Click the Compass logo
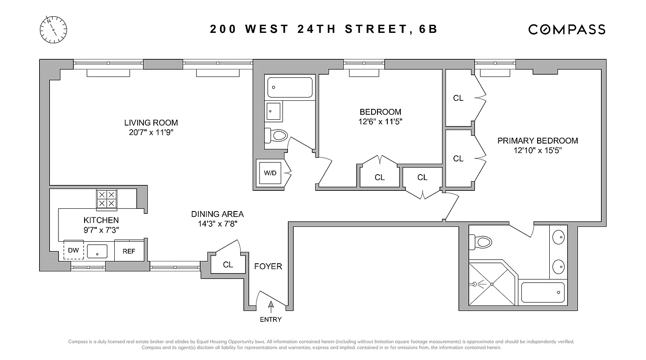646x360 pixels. (566, 29)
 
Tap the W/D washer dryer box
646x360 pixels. (269, 173)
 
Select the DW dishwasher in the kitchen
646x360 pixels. (74, 251)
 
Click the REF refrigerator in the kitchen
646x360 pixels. (129, 251)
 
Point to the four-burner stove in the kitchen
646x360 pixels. (107, 199)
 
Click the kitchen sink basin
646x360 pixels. (97, 251)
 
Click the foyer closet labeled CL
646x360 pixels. (228, 265)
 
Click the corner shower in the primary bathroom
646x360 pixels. (492, 284)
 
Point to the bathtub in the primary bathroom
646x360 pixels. (543, 292)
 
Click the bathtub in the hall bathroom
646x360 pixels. (290, 87)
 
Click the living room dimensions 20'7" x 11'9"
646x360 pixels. (151, 132)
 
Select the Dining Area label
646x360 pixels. (217, 214)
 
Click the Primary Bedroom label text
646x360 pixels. (538, 141)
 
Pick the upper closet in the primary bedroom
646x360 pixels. (458, 98)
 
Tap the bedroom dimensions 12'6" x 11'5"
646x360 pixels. (380, 121)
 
